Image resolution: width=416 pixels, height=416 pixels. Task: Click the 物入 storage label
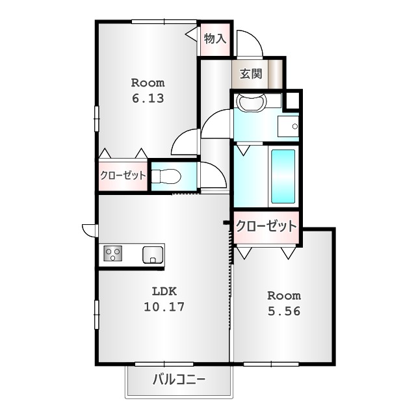(x=215, y=39)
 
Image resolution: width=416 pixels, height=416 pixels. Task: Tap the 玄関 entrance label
(x=251, y=73)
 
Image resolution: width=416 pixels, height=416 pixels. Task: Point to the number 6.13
(x=148, y=98)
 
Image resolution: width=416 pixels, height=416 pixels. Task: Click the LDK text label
(x=164, y=291)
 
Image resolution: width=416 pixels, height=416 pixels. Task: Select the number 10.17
(x=164, y=307)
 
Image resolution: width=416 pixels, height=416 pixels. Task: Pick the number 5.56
(x=284, y=311)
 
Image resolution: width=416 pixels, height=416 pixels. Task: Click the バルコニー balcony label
(x=179, y=380)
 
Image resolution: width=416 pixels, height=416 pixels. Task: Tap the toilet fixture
(x=166, y=176)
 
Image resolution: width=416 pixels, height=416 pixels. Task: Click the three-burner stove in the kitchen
(x=113, y=253)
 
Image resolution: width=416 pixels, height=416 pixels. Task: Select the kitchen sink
(x=153, y=255)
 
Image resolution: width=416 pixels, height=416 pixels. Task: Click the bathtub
(x=283, y=176)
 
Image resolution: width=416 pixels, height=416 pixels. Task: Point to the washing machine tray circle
(x=294, y=127)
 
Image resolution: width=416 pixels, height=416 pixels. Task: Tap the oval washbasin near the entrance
(x=251, y=101)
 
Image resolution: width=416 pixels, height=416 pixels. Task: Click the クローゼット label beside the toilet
(x=123, y=175)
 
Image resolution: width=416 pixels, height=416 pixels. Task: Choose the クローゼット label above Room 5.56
(x=266, y=226)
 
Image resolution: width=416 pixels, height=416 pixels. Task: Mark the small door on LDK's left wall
(x=90, y=230)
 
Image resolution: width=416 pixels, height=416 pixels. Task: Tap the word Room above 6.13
(x=148, y=83)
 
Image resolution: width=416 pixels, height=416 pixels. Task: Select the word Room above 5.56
(x=284, y=296)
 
